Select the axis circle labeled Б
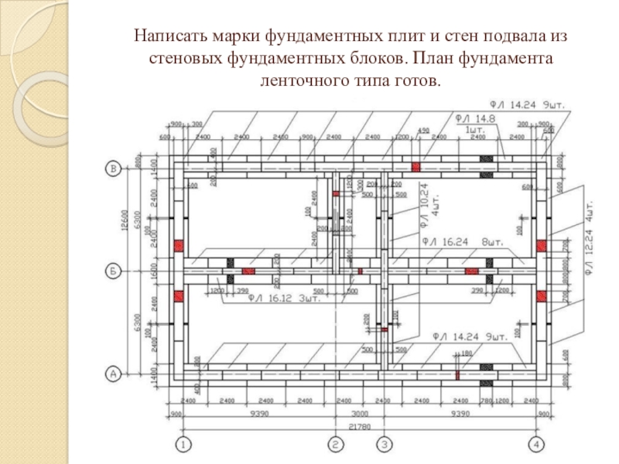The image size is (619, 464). (114, 271)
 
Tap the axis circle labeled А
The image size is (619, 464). (114, 374)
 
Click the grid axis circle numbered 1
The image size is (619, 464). (183, 444)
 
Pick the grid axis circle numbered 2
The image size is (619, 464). (336, 444)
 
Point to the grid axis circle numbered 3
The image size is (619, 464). (384, 444)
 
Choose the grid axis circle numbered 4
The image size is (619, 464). (535, 444)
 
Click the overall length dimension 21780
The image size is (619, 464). (360, 426)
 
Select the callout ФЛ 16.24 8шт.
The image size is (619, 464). (463, 242)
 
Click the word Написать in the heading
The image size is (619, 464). (163, 36)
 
